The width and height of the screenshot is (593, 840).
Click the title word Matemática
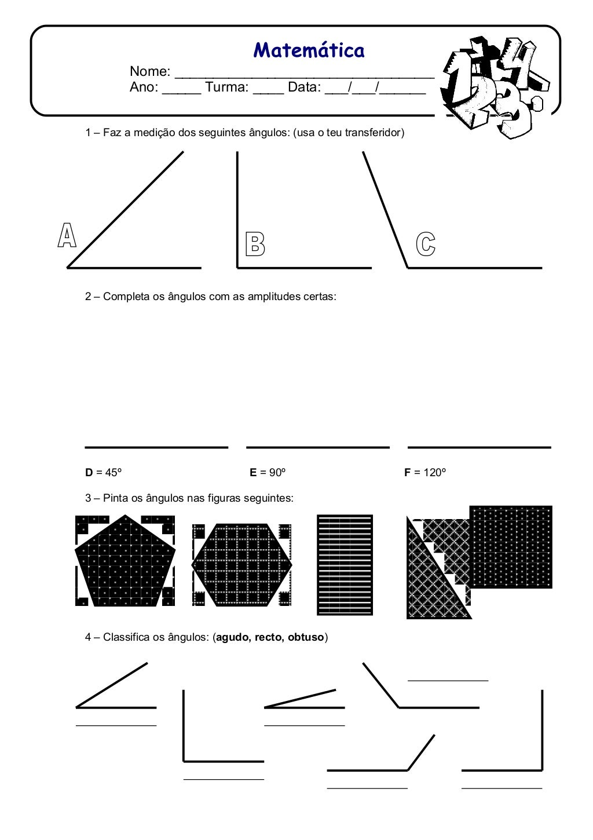click(309, 50)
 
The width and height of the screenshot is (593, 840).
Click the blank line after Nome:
click(304, 74)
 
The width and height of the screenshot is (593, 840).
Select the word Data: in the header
click(304, 87)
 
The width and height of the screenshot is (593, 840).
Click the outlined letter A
click(67, 236)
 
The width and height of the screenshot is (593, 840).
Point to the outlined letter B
click(255, 244)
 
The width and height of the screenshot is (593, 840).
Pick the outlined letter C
click(426, 244)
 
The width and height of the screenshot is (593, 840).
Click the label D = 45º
click(104, 473)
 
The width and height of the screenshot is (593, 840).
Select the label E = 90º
click(268, 473)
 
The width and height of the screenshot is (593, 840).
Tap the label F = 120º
click(425, 473)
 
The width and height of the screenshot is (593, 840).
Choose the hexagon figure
click(241, 565)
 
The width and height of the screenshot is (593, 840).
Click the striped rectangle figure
click(345, 565)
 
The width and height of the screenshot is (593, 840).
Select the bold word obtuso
click(306, 638)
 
